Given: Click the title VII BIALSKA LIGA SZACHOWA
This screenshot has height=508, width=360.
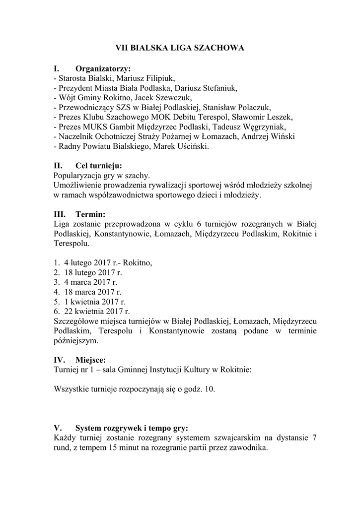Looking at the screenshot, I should tap(180, 48).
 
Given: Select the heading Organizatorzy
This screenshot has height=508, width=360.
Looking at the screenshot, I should tap(103, 68).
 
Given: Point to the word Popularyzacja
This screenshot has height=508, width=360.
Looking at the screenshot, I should tap(77, 176).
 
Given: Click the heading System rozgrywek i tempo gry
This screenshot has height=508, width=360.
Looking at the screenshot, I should tap(132, 428).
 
